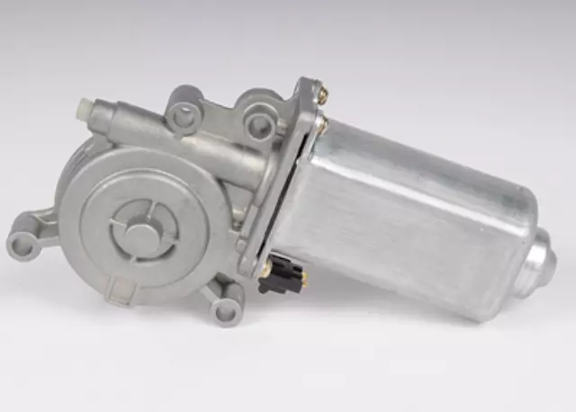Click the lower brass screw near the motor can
[x=320, y=125]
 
